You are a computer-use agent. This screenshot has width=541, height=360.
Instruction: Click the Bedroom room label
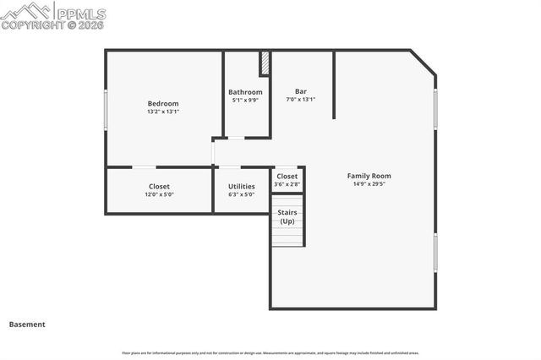(163, 103)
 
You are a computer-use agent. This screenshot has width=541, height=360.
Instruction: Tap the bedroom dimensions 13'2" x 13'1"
(163, 112)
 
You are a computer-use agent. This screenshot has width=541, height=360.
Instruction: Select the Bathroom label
(245, 92)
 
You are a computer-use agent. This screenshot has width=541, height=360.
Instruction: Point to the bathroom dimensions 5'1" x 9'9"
(245, 100)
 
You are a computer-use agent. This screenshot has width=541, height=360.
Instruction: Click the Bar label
(300, 91)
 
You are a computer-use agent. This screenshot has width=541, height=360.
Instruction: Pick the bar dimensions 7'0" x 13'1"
(300, 99)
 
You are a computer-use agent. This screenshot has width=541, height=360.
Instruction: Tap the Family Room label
(369, 176)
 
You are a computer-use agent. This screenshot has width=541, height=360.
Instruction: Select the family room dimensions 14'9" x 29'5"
(369, 184)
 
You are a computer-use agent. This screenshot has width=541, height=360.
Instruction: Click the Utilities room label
(241, 186)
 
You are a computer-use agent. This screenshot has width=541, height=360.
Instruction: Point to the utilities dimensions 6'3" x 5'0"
(241, 194)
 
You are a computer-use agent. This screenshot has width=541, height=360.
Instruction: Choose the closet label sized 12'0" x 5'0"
(159, 186)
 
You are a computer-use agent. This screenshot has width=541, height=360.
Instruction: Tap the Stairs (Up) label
(287, 216)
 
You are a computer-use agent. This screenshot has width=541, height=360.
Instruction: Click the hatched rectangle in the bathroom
(265, 63)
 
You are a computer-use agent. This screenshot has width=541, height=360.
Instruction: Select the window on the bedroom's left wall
(106, 108)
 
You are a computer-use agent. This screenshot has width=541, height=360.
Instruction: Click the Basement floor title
(27, 324)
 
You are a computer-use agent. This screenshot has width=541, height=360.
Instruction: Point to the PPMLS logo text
(79, 14)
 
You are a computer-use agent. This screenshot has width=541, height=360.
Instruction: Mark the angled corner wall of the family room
(424, 63)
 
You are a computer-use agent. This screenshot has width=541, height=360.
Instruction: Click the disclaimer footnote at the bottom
(270, 353)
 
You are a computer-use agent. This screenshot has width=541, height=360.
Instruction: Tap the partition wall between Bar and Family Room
(334, 85)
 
